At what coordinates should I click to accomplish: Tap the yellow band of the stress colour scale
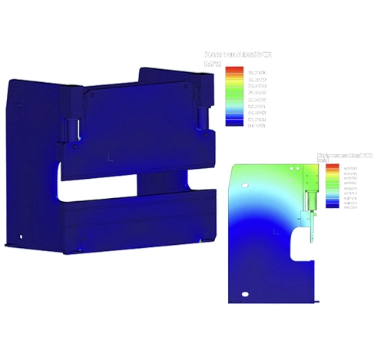pyautogui.click(x=234, y=84)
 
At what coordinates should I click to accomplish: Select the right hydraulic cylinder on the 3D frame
pyautogui.click(x=202, y=117)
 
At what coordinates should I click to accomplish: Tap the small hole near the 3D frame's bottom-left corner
pyautogui.click(x=22, y=236)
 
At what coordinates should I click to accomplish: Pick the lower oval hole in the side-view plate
pyautogui.click(x=245, y=294)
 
